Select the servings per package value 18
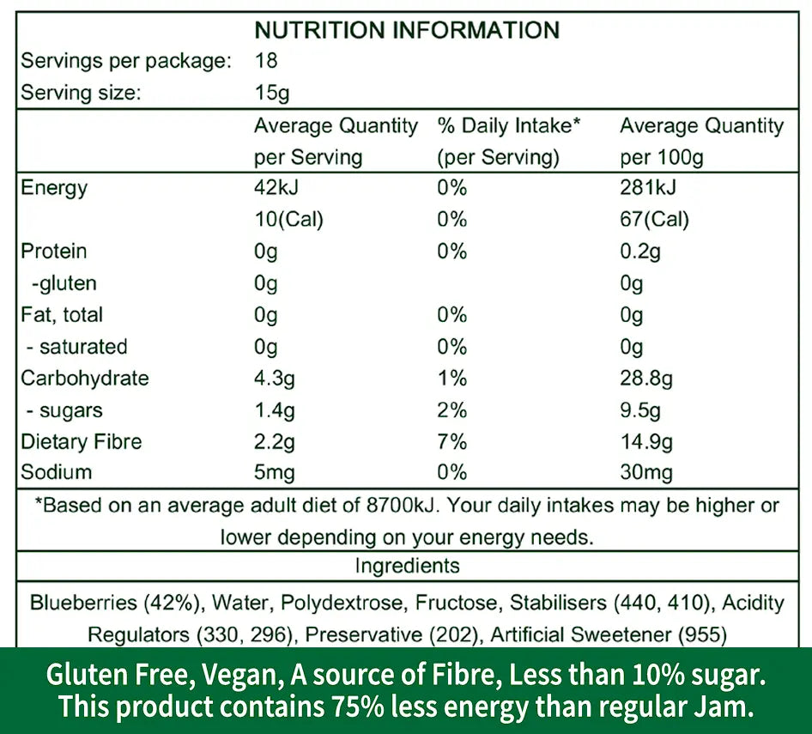(x=266, y=61)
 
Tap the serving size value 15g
(x=273, y=93)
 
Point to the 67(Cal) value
(x=654, y=219)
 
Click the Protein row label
(x=53, y=251)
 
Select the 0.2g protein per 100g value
(x=641, y=251)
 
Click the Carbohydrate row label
(x=84, y=378)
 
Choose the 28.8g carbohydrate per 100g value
(x=645, y=378)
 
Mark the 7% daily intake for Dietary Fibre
(x=451, y=441)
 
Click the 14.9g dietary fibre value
(x=645, y=441)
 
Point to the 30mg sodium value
(x=645, y=472)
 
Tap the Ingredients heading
(x=407, y=566)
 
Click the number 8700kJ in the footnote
(x=398, y=505)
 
